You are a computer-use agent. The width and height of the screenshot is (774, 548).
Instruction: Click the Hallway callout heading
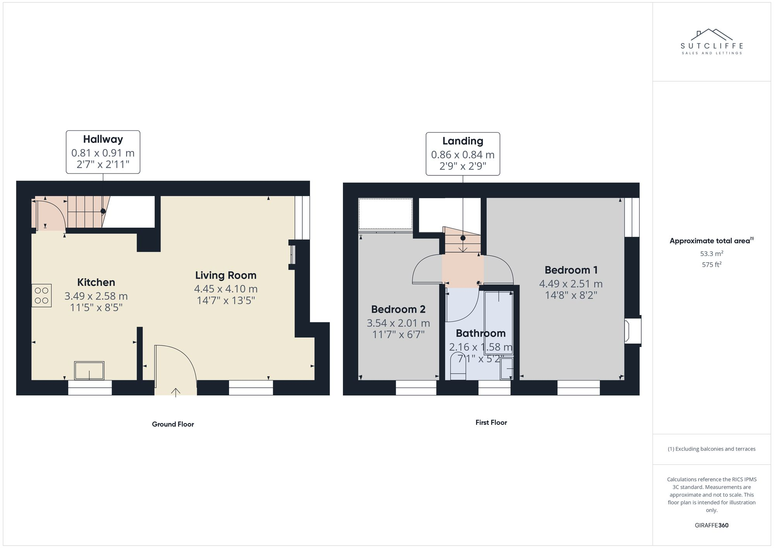(x=103, y=139)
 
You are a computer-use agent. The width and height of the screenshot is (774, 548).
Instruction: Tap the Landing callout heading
(x=462, y=141)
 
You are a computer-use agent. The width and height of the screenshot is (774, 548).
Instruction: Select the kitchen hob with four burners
(x=41, y=295)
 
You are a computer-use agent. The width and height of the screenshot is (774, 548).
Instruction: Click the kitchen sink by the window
(x=89, y=371)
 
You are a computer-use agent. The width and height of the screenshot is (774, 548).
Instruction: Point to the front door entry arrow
(x=176, y=392)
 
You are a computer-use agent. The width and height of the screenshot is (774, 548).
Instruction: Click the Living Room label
(x=226, y=275)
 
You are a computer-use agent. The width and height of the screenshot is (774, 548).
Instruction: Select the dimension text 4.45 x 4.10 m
(x=226, y=289)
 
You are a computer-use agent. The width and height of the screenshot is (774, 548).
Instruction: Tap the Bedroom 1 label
(x=571, y=270)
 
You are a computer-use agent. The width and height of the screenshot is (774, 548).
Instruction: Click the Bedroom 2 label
(x=398, y=309)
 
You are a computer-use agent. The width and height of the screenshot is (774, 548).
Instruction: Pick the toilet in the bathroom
(x=458, y=368)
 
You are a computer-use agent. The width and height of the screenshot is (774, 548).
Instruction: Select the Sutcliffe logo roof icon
(x=712, y=34)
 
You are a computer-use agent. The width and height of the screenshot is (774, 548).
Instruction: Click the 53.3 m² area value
(x=711, y=254)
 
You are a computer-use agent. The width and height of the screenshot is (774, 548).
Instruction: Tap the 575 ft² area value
(x=711, y=265)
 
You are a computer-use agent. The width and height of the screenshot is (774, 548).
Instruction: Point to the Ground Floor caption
(x=173, y=424)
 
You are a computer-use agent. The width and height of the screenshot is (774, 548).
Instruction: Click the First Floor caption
(x=491, y=423)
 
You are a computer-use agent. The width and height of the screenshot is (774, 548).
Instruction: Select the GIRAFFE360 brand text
(x=711, y=526)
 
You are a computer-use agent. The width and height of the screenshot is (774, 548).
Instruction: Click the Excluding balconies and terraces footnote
(x=711, y=449)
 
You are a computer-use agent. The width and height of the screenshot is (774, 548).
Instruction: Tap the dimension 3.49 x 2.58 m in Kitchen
(x=96, y=296)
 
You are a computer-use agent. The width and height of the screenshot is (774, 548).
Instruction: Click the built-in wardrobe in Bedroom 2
(x=385, y=214)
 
